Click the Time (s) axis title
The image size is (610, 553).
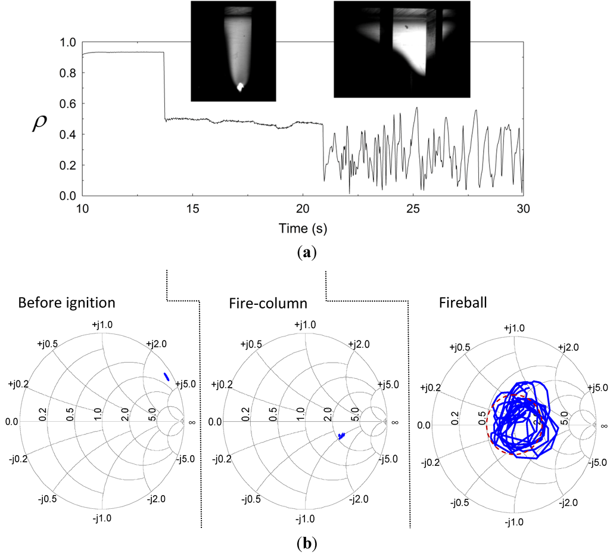pos(303,227)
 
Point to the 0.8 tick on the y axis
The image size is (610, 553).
pos(69,73)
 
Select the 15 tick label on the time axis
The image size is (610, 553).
pos(192,208)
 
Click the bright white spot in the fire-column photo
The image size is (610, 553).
pos(241,87)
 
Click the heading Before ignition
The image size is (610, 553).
pos(67,302)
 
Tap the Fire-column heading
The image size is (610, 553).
pos(269,302)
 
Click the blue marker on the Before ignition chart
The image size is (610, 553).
pos(167,376)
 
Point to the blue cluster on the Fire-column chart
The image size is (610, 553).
pos(341,437)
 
